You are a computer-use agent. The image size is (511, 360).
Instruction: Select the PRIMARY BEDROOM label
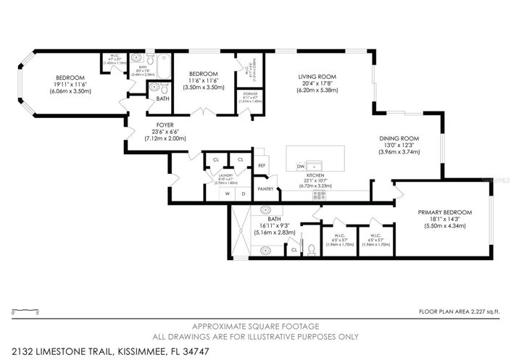click(444, 212)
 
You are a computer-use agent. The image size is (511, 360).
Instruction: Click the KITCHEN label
click(314, 175)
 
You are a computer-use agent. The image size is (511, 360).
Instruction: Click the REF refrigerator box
click(262, 165)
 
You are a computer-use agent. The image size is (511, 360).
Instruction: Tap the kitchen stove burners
click(318, 194)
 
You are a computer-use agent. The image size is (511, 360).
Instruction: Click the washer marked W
click(228, 193)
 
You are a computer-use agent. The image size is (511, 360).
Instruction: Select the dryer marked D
click(243, 193)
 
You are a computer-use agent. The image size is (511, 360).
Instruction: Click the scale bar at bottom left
click(25, 311)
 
